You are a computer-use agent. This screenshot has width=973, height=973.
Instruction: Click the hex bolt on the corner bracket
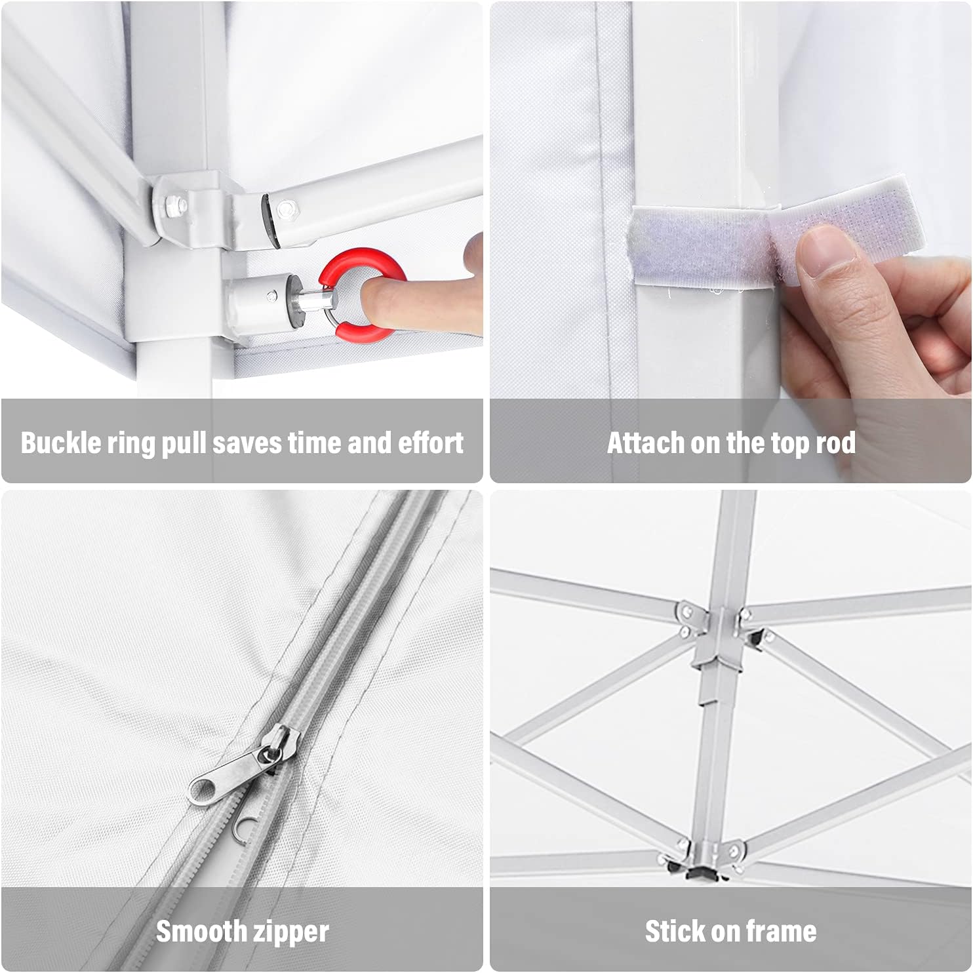point(174,205)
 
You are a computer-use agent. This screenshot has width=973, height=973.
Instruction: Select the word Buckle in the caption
point(61,443)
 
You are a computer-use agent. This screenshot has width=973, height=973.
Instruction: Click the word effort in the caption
point(431,443)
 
